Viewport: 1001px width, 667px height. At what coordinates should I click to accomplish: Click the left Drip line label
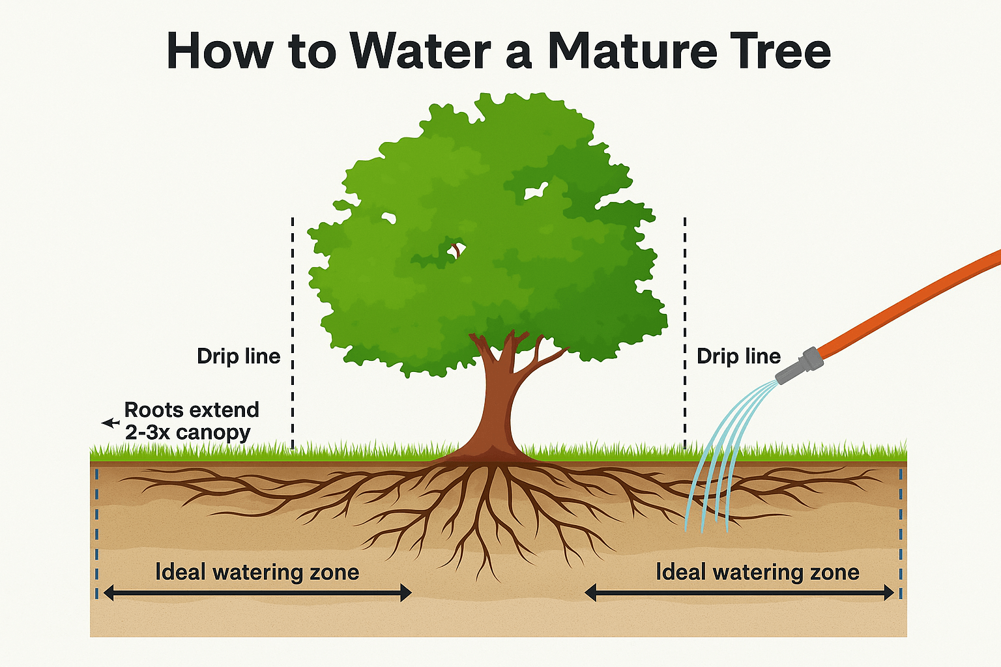[239, 356]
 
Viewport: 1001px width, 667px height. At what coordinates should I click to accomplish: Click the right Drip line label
[738, 356]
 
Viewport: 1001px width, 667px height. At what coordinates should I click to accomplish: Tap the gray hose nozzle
[798, 367]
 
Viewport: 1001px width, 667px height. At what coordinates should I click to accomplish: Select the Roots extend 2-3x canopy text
[191, 421]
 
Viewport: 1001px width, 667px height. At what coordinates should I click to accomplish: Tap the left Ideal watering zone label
[257, 572]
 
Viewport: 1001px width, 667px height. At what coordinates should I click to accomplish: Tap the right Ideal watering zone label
[757, 572]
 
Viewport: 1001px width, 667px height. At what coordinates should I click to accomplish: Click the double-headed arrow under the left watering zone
[257, 593]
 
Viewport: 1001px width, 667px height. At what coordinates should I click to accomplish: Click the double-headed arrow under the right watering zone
[739, 593]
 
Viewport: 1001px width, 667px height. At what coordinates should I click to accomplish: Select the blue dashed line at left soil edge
[97, 531]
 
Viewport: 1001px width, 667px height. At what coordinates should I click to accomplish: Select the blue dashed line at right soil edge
[901, 531]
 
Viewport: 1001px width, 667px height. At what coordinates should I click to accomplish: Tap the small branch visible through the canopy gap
[457, 249]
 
